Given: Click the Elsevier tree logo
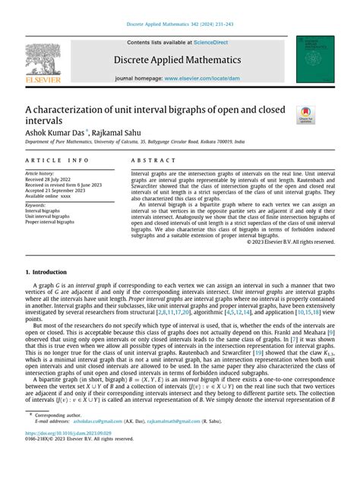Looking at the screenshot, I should (x=42, y=61).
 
